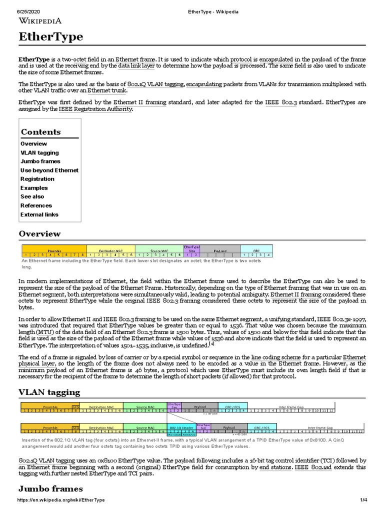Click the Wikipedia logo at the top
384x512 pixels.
coord(40,20)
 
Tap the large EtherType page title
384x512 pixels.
coord(50,37)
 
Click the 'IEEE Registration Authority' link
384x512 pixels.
coord(95,109)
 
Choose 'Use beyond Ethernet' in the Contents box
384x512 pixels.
coord(49,170)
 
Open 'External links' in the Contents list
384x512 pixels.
coord(39,214)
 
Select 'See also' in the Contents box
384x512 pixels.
coord(32,197)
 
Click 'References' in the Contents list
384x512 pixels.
coord(36,205)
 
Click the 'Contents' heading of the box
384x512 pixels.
coord(40,132)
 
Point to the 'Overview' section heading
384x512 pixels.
coord(39,234)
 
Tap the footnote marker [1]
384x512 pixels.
coord(212,344)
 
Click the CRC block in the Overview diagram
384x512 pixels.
coord(256,250)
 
